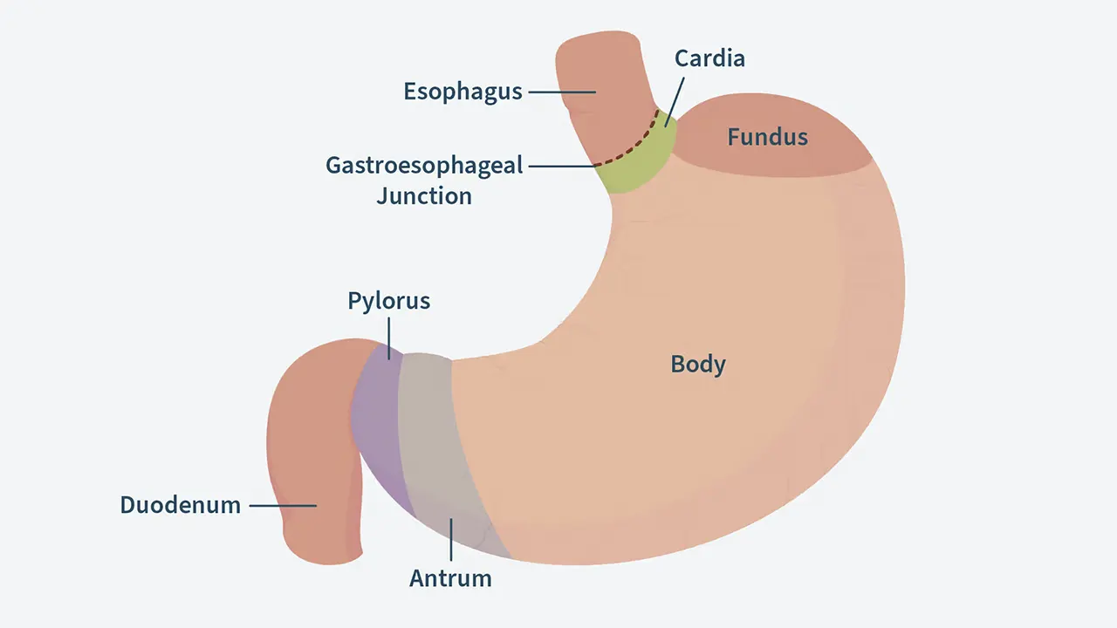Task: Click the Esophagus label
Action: click(463, 92)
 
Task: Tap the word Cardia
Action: click(709, 58)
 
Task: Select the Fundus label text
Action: click(768, 137)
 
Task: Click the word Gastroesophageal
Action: click(424, 165)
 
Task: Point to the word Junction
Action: click(424, 195)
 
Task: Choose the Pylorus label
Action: click(388, 301)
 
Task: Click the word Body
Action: click(698, 364)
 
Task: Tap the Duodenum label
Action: click(181, 505)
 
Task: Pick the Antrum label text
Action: click(450, 577)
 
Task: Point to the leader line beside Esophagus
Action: click(561, 92)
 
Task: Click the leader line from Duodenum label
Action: click(282, 505)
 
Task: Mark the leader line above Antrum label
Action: click(450, 539)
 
